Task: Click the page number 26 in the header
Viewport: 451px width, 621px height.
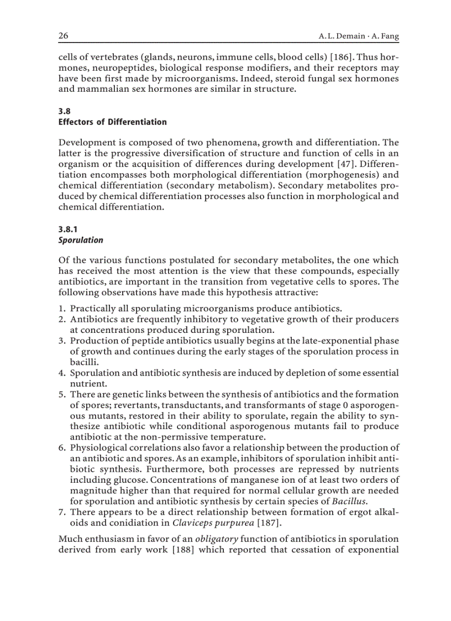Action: [x=63, y=36]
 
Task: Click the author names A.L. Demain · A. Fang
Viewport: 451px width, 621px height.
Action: [x=359, y=36]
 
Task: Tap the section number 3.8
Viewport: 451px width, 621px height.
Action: [x=65, y=111]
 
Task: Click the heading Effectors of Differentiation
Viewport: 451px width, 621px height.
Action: [x=112, y=122]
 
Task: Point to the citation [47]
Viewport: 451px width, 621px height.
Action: [x=323, y=165]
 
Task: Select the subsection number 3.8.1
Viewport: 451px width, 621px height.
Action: [x=69, y=229]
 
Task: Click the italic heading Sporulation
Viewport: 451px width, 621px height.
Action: [x=81, y=240]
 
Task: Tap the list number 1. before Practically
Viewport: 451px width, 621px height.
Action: [x=62, y=309]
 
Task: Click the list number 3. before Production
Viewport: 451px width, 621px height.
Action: [x=62, y=341]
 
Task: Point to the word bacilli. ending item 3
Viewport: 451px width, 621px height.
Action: [x=82, y=362]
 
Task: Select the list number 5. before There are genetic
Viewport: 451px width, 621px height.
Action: [x=62, y=394]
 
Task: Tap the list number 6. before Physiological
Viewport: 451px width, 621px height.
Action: [x=62, y=447]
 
